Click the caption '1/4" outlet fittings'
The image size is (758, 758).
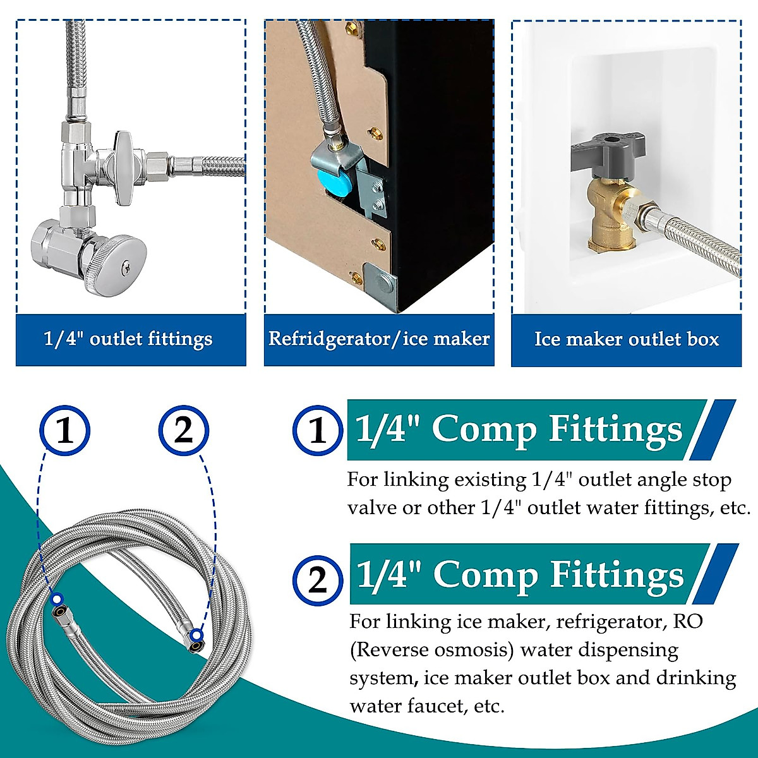(x=128, y=339)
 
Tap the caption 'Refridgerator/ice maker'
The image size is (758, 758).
(x=379, y=339)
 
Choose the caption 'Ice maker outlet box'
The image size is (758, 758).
(x=627, y=339)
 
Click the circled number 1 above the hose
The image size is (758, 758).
(x=65, y=431)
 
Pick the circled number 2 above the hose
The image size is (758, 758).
(x=183, y=431)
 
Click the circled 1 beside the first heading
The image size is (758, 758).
(x=318, y=430)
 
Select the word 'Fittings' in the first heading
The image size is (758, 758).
(x=615, y=430)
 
